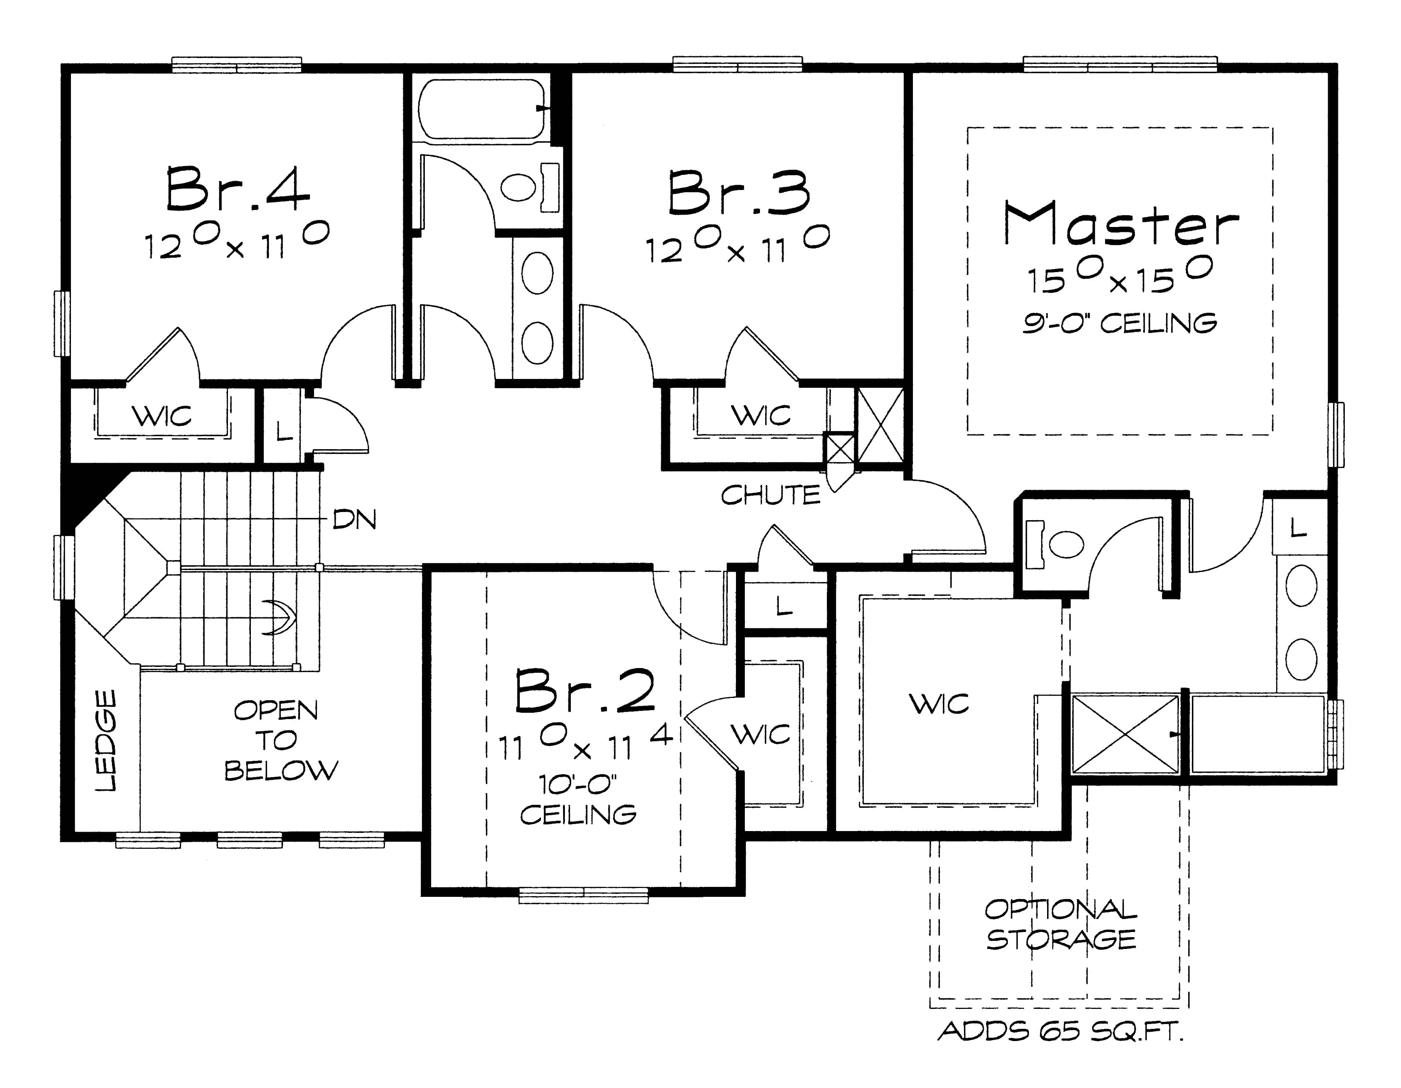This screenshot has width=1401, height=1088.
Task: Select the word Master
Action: tap(1121, 224)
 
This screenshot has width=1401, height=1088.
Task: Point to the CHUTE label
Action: tap(770, 495)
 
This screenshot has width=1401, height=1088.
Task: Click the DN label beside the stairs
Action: tap(354, 519)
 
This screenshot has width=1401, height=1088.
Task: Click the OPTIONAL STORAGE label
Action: tap(1060, 924)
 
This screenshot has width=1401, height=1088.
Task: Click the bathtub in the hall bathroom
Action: tap(481, 109)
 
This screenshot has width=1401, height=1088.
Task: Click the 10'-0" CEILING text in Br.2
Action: tap(577, 800)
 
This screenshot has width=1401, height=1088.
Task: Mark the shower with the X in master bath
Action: tap(1126, 734)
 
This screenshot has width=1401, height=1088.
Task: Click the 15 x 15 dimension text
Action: tap(1119, 277)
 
